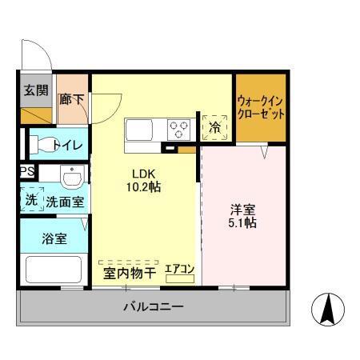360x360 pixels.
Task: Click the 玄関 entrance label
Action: [34, 90]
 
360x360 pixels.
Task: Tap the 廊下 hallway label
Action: [72, 99]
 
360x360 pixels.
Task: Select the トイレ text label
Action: [63, 144]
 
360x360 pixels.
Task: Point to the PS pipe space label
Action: [26, 171]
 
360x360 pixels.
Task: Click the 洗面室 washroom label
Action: [65, 202]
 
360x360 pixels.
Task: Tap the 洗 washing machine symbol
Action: [30, 201]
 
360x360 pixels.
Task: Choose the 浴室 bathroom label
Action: [54, 238]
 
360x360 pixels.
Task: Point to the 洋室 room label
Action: [242, 209]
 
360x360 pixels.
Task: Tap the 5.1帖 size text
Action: [242, 223]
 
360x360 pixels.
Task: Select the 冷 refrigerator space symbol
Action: [214, 127]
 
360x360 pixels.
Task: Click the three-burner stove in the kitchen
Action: [178, 126]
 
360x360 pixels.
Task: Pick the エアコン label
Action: [180, 270]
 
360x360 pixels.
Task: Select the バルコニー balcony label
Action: [153, 306]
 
